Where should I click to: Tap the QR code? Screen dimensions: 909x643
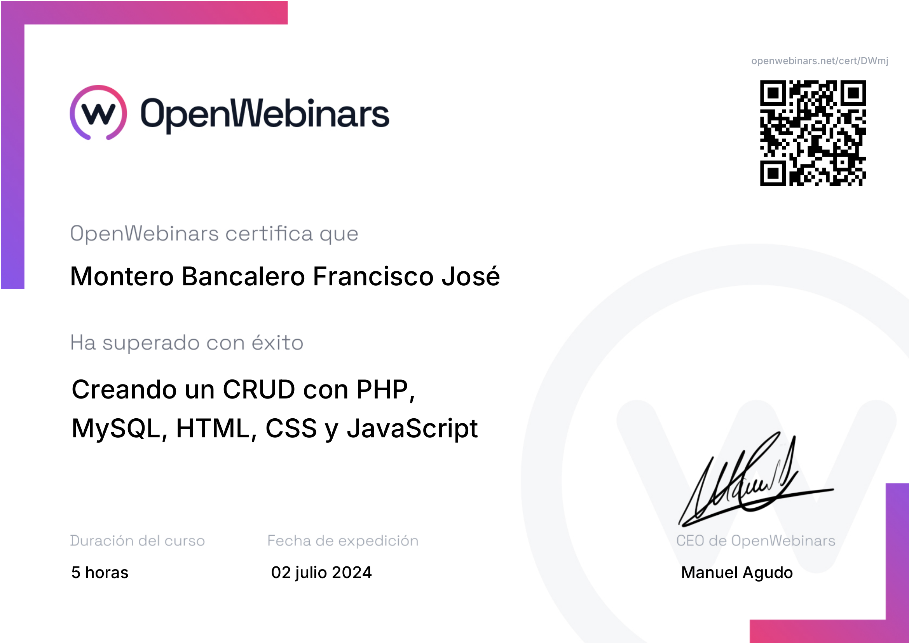pos(813,133)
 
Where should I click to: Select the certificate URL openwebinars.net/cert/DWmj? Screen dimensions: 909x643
pos(820,61)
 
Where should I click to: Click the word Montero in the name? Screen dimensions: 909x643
pos(122,276)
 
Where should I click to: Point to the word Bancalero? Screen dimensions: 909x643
pos(243,276)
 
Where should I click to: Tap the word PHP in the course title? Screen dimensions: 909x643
pos(386,390)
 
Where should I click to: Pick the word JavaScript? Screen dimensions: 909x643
pos(412,429)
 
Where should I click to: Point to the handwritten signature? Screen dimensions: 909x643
pos(756,479)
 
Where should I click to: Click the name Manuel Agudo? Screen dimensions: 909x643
pos(737,573)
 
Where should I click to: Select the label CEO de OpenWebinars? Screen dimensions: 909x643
pos(755,541)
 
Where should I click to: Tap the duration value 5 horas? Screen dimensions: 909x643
pos(100,573)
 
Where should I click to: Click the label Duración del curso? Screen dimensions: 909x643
pos(137,541)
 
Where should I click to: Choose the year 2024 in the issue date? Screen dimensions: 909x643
pos(352,573)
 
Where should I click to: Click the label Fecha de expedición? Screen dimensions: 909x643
pos(343,541)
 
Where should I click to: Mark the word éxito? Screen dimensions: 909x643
pos(277,342)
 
